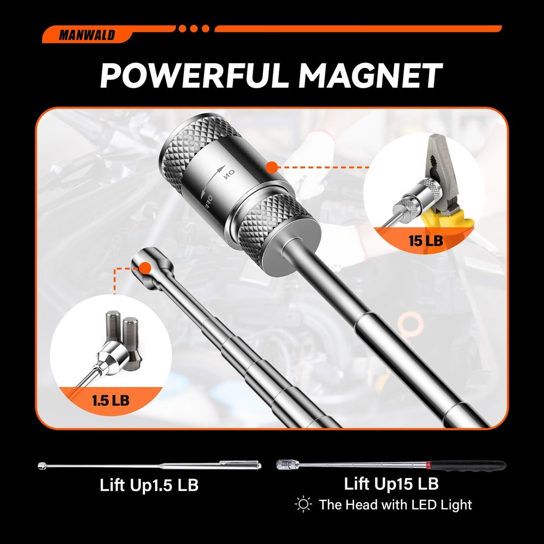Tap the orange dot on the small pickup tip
tap(144, 268)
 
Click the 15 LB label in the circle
tap(426, 240)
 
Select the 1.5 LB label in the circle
tap(111, 401)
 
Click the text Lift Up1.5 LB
tap(149, 485)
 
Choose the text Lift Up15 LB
tap(391, 483)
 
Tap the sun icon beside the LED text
tap(303, 504)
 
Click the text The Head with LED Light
tap(395, 504)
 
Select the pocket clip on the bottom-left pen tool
tap(226, 463)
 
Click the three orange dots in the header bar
tap(195, 28)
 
